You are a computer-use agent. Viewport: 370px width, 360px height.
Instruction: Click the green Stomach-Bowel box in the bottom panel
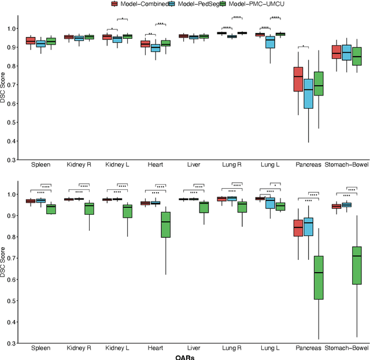click(356, 265)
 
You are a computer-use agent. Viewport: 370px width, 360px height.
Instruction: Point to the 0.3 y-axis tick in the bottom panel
click(10, 343)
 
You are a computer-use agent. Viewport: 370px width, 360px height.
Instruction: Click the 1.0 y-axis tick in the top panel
click(10, 28)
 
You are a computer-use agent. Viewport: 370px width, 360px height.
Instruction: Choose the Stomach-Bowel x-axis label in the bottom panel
click(346, 349)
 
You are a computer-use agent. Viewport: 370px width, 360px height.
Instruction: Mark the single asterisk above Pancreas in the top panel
click(304, 46)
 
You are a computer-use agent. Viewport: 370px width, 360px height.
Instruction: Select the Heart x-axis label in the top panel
click(156, 166)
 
